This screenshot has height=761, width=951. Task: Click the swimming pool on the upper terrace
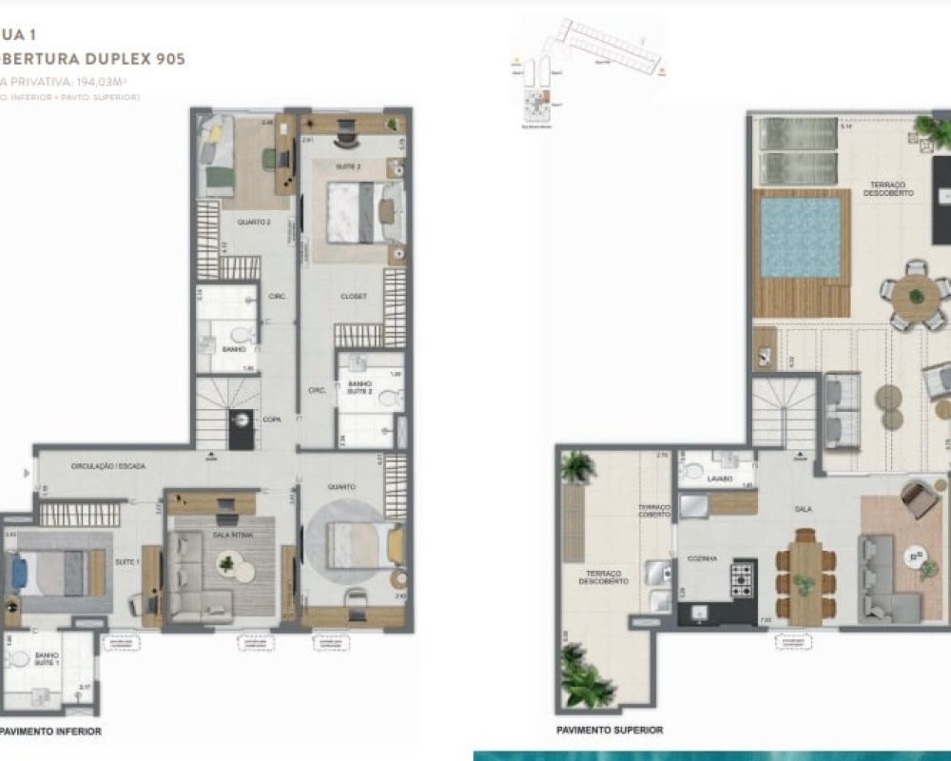[x=800, y=238]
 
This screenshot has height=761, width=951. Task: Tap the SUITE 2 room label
[x=346, y=166]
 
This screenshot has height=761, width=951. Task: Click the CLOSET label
[x=353, y=296]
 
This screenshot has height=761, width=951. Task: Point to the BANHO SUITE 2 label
[x=359, y=387]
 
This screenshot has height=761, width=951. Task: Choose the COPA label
[x=271, y=418]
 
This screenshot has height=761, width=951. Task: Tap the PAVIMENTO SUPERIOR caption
[x=609, y=730]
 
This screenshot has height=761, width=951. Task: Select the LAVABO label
[x=720, y=478]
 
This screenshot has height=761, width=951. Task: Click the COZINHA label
[x=704, y=559]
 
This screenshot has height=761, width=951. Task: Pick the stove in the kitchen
[x=742, y=577]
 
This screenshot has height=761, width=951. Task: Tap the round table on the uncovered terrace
[x=916, y=297]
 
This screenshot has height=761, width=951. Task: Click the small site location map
[x=590, y=67]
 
